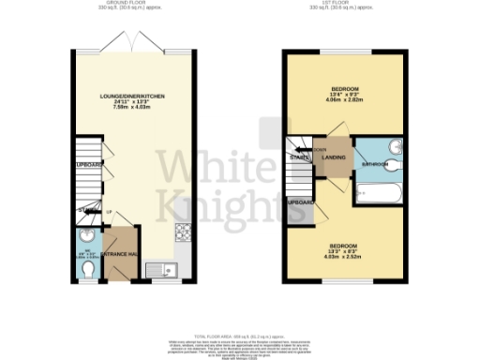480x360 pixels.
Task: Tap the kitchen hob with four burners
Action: click(x=181, y=231)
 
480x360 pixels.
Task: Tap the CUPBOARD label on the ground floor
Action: click(x=86, y=165)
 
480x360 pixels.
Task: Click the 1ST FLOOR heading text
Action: click(x=347, y=4)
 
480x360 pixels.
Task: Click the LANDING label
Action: click(x=334, y=158)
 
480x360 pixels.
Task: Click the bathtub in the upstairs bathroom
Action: click(x=380, y=194)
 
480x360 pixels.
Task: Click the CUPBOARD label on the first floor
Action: click(x=300, y=202)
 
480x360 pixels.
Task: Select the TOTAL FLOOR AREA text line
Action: click(x=241, y=335)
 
